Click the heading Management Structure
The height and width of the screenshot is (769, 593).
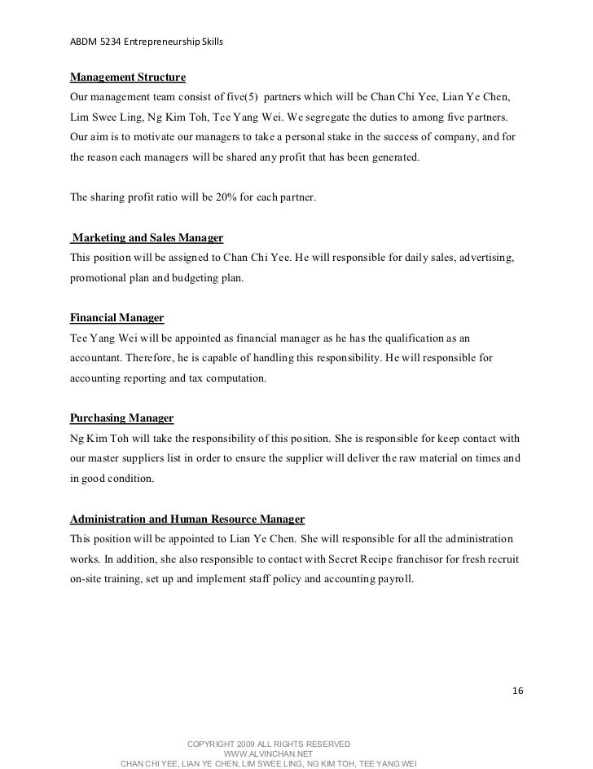128,78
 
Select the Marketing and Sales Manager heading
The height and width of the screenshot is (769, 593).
147,238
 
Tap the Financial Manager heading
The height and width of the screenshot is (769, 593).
117,317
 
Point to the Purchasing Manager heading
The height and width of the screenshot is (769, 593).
122,418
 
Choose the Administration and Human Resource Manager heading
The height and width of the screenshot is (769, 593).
187,519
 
